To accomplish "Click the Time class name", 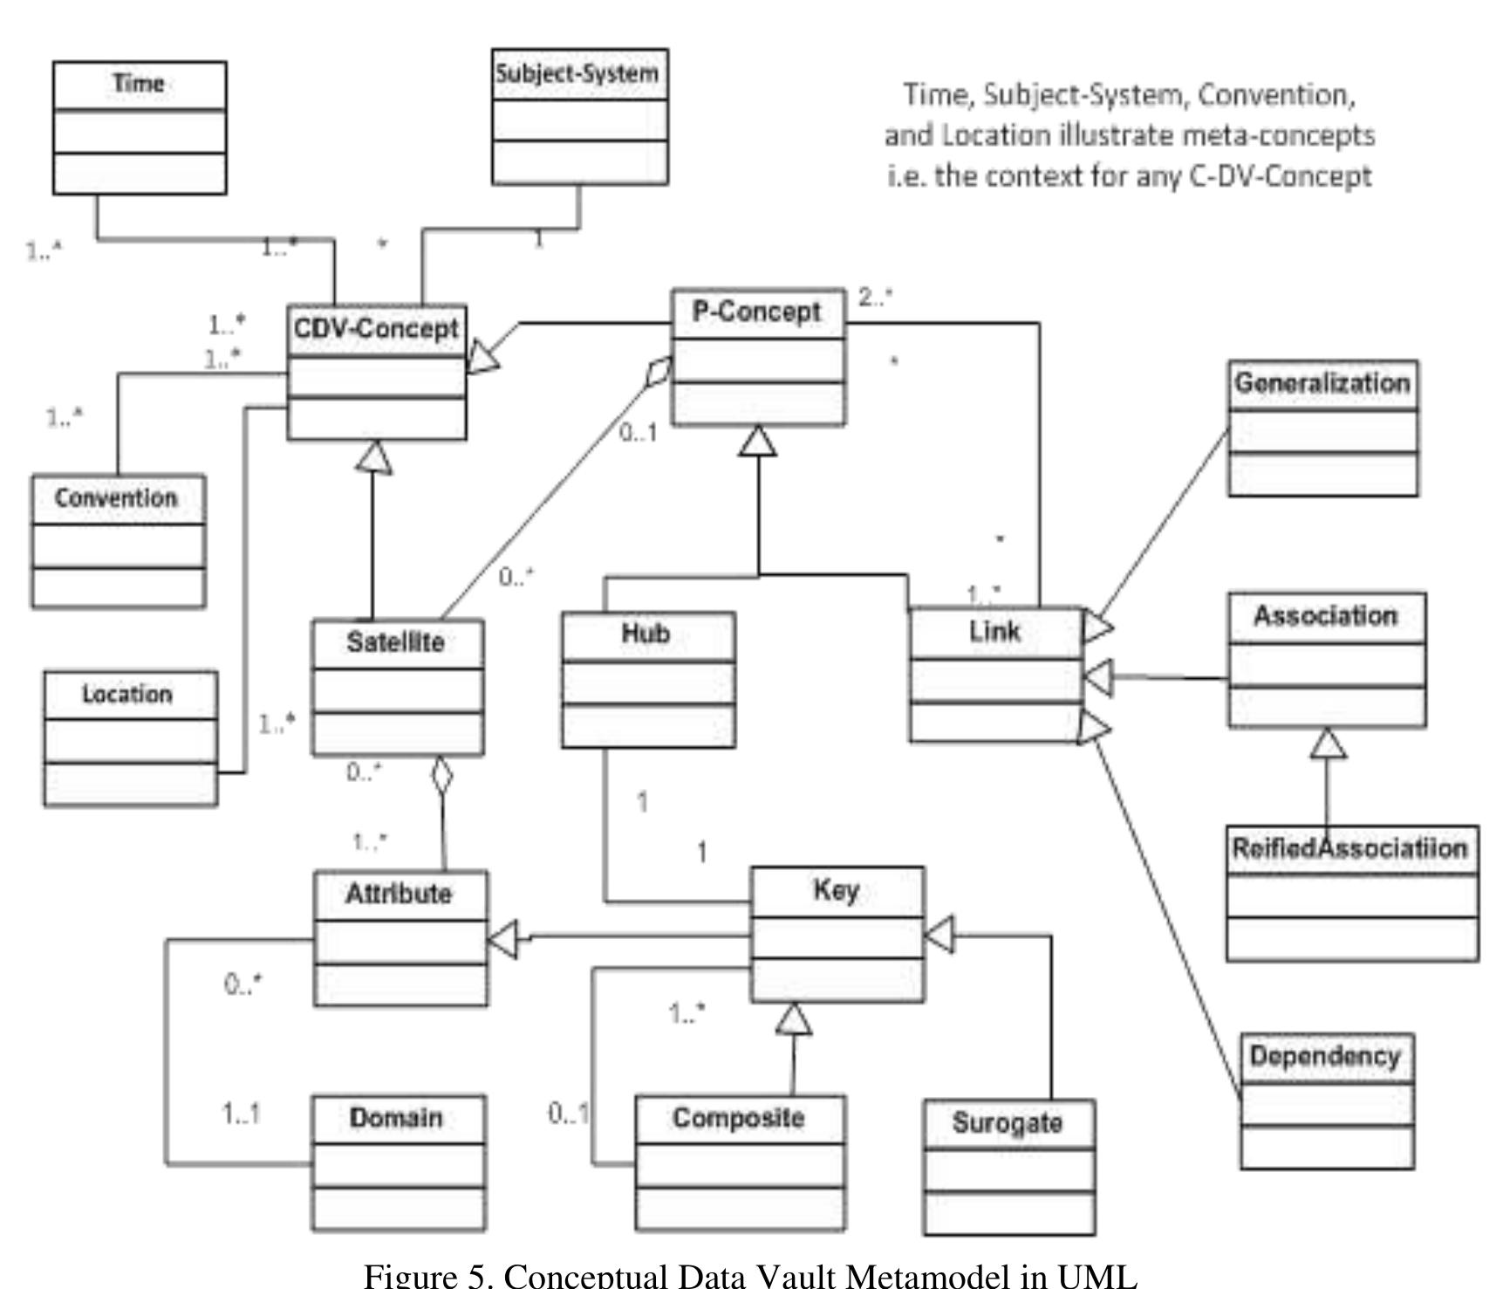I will click(x=139, y=84).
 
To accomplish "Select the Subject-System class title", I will click(x=577, y=73).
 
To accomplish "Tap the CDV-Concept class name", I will click(x=376, y=329).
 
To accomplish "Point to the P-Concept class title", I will click(x=756, y=312).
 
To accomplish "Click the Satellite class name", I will click(x=396, y=642).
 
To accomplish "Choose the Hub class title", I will click(x=646, y=634).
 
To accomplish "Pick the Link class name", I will click(x=994, y=631).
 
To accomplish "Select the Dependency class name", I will click(x=1325, y=1057).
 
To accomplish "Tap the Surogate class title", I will click(x=1008, y=1122).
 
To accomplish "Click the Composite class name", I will click(x=738, y=1118).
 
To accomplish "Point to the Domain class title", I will click(x=396, y=1118).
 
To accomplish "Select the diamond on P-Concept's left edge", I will click(x=659, y=372).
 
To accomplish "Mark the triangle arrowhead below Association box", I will click(x=1328, y=744).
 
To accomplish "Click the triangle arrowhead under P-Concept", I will click(x=757, y=441).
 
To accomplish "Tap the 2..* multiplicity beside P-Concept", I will click(x=876, y=298).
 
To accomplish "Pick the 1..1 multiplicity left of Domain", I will click(x=241, y=1114).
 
